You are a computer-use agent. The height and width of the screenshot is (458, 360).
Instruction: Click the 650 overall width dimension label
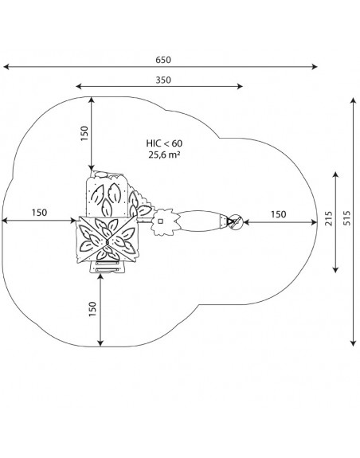click(x=163, y=60)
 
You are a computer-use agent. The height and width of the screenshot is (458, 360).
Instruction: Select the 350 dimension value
click(x=163, y=80)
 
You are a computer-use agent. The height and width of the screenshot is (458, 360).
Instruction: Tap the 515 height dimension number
click(x=347, y=218)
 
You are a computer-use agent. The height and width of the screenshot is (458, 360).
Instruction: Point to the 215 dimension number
click(x=328, y=218)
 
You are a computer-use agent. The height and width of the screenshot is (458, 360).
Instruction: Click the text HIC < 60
click(x=164, y=143)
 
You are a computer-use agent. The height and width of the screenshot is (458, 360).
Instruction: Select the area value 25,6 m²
click(x=164, y=155)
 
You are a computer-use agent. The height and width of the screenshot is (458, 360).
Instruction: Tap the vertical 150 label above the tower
click(x=84, y=133)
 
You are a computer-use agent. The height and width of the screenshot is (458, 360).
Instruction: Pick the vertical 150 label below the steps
click(x=92, y=309)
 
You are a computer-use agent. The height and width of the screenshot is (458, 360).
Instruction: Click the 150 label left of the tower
click(x=39, y=213)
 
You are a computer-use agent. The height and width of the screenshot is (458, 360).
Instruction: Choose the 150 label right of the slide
click(x=278, y=214)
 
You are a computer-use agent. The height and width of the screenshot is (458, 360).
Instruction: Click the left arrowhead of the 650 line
click(x=6, y=67)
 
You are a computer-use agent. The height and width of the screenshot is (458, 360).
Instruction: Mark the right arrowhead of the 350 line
click(x=240, y=86)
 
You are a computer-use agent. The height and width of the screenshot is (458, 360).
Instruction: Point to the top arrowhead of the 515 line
click(x=354, y=101)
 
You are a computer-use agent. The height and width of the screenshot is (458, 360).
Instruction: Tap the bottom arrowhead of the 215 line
click(x=335, y=269)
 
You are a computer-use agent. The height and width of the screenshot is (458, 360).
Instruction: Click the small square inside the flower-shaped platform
click(x=160, y=221)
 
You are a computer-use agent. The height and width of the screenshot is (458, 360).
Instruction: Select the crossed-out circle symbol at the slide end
click(x=236, y=222)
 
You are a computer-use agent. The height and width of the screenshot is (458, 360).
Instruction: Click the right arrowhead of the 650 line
click(x=315, y=67)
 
